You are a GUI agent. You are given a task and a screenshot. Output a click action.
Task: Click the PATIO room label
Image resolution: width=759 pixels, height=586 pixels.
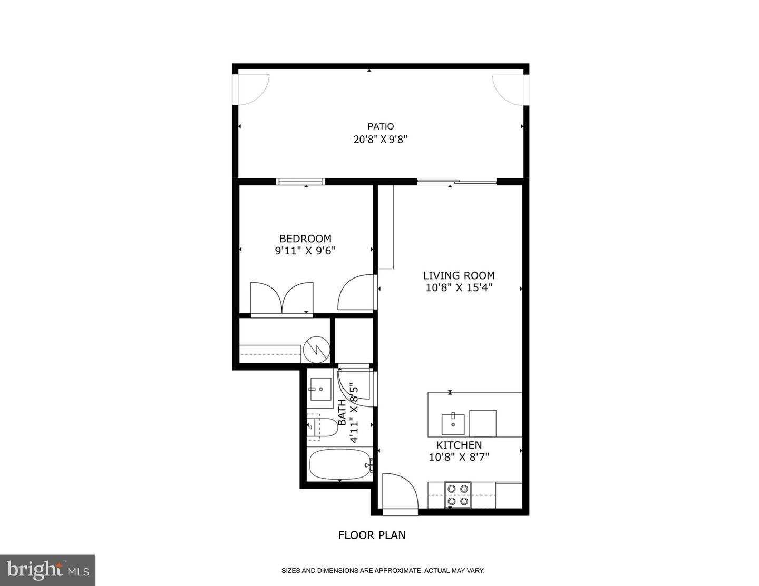click(x=381, y=126)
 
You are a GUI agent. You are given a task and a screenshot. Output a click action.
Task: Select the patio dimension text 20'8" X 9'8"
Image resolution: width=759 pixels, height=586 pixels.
click(x=381, y=140)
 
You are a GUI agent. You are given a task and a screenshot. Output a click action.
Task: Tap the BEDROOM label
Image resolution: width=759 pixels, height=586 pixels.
click(x=305, y=239)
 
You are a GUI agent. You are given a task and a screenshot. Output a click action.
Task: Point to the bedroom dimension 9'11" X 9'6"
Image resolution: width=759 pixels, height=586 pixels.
click(x=305, y=251)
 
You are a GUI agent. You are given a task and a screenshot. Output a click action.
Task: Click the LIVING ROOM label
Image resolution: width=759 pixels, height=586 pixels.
click(x=459, y=275)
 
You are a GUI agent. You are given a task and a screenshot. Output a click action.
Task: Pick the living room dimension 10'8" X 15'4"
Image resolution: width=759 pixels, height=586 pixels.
click(x=459, y=288)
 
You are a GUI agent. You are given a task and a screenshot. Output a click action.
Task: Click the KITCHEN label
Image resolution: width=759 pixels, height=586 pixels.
click(x=459, y=445)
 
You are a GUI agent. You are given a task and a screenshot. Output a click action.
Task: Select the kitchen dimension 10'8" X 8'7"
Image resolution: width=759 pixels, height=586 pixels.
click(x=459, y=457)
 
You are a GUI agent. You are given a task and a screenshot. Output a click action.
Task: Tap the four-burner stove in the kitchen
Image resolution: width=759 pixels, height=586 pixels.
click(x=457, y=494)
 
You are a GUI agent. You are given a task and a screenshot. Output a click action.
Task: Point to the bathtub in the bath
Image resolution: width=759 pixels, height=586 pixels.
click(x=340, y=464)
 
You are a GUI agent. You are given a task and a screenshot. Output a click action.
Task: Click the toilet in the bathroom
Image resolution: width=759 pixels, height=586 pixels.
click(x=322, y=428)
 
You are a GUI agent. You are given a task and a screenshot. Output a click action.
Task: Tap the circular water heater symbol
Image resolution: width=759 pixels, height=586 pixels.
click(x=316, y=350)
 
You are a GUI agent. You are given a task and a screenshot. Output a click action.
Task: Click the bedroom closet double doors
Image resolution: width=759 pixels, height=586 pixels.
click(x=282, y=299)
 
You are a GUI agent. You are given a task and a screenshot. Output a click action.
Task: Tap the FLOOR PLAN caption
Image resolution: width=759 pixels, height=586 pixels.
click(x=372, y=535)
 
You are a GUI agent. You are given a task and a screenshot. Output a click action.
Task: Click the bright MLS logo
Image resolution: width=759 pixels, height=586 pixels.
click(x=47, y=570)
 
